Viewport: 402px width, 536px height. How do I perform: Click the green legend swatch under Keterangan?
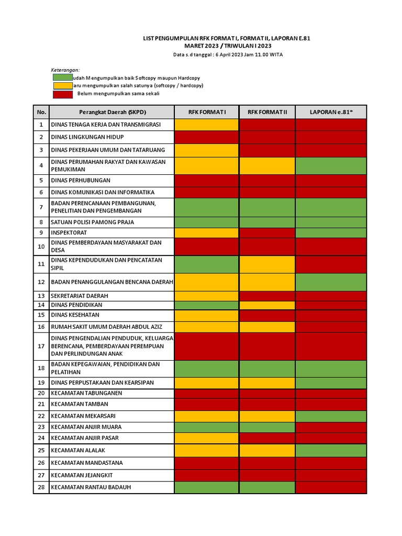pos(62,77)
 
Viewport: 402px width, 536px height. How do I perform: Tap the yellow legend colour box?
pos(62,85)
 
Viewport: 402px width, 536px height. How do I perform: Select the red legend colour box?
pos(62,94)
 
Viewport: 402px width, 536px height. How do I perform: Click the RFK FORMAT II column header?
pos(267,112)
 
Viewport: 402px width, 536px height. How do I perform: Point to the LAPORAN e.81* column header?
pos(331,112)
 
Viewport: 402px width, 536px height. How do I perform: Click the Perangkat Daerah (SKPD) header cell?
pos(111,112)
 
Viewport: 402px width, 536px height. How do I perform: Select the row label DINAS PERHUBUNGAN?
pos(81,180)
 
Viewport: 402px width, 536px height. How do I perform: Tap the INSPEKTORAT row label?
pos(69,232)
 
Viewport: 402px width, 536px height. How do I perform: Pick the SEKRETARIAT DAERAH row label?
pos(79,296)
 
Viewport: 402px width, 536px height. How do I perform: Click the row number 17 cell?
pos(41,346)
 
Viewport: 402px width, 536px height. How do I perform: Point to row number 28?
pos(41,487)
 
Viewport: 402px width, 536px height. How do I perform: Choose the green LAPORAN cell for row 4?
pos(331,165)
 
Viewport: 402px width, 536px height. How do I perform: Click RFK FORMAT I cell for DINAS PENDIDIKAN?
pos(207,305)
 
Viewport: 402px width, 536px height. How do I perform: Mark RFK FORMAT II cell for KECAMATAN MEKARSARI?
pos(267,416)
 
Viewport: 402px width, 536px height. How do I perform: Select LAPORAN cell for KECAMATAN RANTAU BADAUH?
pos(331,487)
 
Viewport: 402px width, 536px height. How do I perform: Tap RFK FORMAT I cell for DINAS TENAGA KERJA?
pos(207,125)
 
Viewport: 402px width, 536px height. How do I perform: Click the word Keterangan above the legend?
pos(65,70)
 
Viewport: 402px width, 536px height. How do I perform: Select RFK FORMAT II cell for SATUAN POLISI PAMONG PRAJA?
pos(267,222)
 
